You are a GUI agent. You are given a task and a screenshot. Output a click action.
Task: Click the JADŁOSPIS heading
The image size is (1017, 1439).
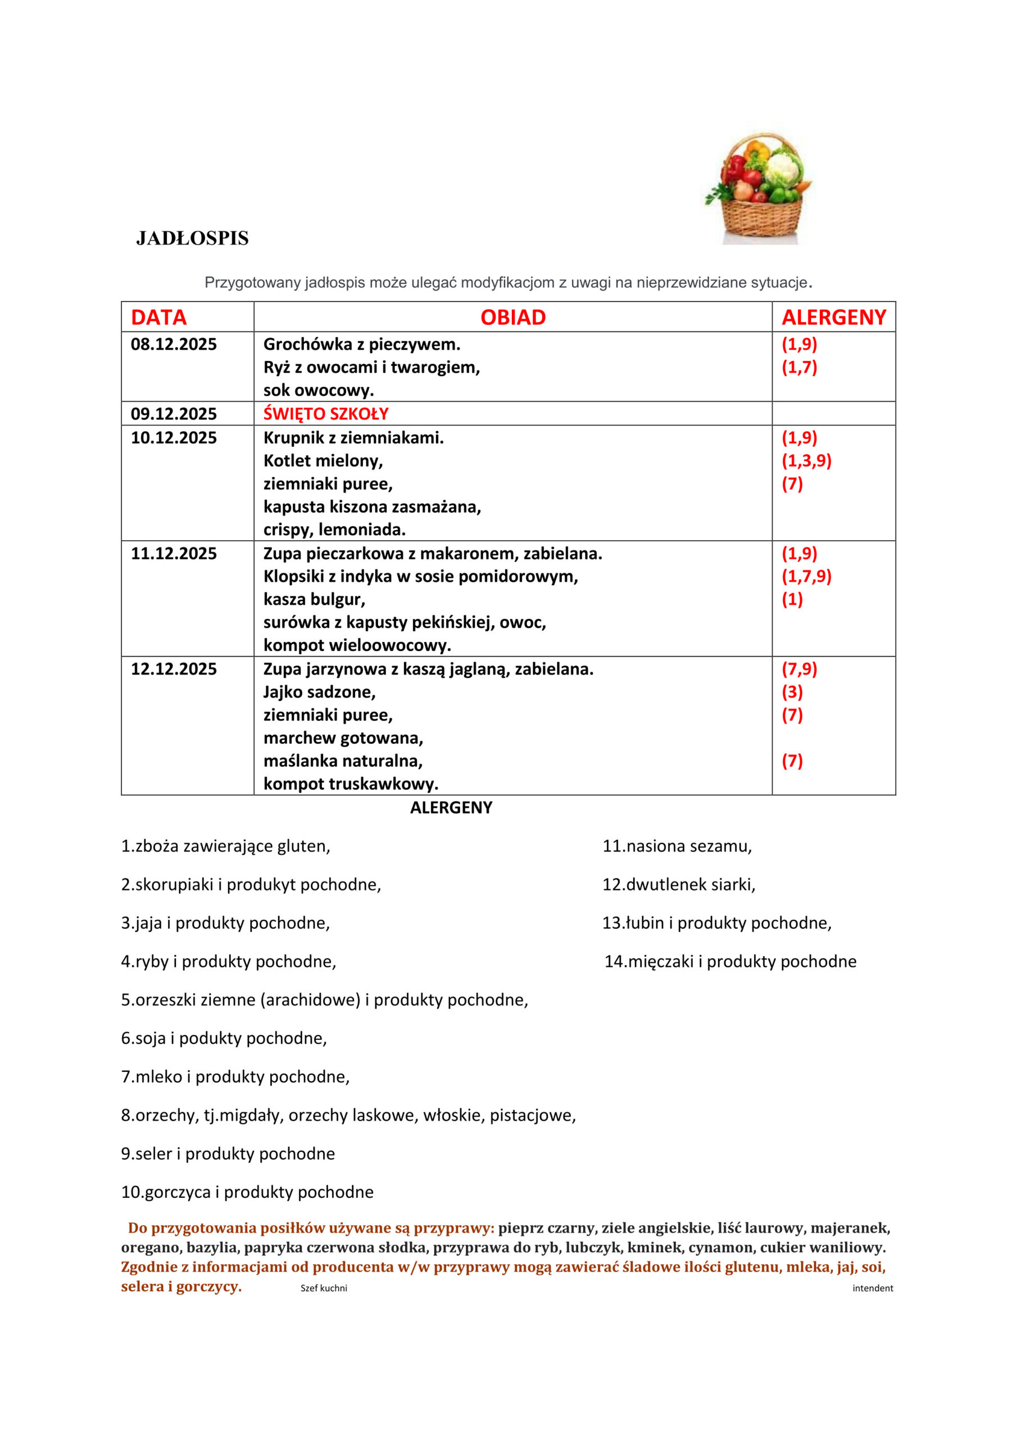(192, 238)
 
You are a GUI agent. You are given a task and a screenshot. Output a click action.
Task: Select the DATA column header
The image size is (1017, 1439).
(158, 318)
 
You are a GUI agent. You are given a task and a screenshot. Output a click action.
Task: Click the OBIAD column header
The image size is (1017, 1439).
(512, 318)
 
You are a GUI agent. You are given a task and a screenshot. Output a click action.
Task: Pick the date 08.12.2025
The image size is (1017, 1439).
(174, 344)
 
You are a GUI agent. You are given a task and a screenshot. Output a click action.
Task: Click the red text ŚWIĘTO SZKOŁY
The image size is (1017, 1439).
(326, 414)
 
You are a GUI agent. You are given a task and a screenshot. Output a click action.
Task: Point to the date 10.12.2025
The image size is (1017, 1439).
(174, 437)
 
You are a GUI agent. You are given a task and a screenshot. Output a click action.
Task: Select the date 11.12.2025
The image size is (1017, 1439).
(174, 554)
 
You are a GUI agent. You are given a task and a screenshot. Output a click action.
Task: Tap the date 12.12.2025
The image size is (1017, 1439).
(174, 669)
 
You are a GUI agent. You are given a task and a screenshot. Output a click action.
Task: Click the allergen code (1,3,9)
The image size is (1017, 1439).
(806, 461)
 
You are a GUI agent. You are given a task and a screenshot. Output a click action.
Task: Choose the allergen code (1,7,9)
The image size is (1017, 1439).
(806, 576)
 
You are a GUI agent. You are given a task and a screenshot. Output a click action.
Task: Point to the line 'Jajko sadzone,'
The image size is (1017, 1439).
(320, 692)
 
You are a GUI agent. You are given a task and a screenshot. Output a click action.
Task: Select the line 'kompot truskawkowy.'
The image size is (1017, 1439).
(351, 784)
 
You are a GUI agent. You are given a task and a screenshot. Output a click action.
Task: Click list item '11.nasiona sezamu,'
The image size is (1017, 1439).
(677, 846)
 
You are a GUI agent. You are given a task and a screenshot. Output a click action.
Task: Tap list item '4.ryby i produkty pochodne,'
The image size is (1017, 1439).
(229, 961)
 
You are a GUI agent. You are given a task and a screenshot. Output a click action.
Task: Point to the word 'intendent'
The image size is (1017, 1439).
(872, 1288)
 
